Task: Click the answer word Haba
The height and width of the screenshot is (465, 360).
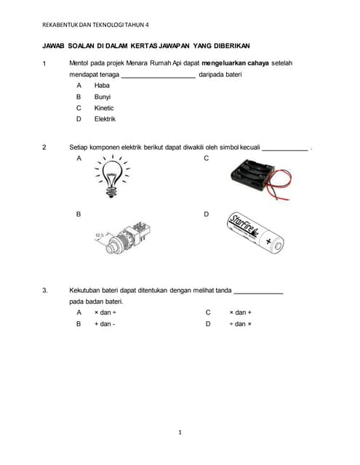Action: coord(102,85)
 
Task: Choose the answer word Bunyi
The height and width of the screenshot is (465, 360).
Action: coord(103,96)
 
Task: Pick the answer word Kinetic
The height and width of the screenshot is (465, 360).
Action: coord(104,108)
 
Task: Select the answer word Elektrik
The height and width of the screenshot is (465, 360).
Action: coord(105,119)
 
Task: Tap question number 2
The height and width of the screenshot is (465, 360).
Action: coord(44,147)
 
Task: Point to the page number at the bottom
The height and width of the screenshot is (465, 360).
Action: coord(180,432)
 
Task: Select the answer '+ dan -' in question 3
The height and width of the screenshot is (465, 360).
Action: coord(105,324)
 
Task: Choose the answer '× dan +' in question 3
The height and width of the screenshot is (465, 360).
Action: coord(240,312)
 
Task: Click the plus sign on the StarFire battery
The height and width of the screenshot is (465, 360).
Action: coord(269,240)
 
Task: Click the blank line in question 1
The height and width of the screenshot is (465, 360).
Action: coord(158,76)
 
